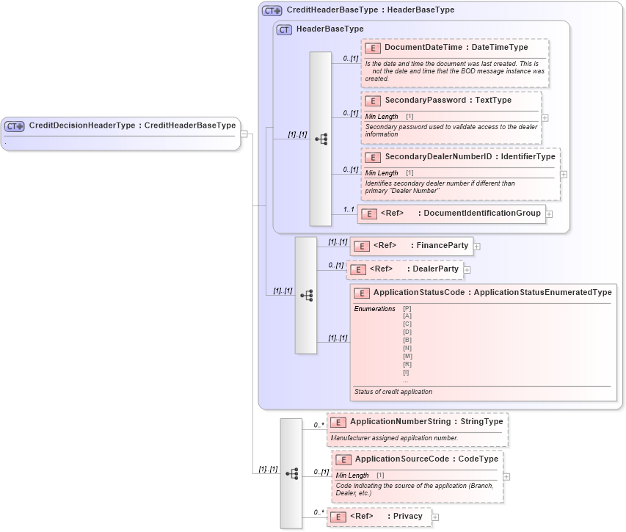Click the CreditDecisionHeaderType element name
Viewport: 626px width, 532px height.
click(81, 125)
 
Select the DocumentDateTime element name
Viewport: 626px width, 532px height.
click(423, 48)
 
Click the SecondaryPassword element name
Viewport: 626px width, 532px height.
click(425, 101)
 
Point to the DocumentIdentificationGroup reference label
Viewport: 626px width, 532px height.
click(481, 214)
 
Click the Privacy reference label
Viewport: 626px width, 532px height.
click(407, 517)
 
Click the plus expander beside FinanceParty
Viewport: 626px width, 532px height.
click(477, 247)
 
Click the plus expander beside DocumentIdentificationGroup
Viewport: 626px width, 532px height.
click(549, 214)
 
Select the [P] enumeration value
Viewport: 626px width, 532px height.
click(407, 308)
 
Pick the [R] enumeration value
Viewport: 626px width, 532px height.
click(407, 364)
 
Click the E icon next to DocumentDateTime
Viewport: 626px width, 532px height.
click(373, 48)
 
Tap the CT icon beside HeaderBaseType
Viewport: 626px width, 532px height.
click(284, 29)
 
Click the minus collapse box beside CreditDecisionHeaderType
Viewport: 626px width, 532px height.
click(244, 134)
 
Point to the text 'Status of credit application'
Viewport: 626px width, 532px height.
click(393, 392)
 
